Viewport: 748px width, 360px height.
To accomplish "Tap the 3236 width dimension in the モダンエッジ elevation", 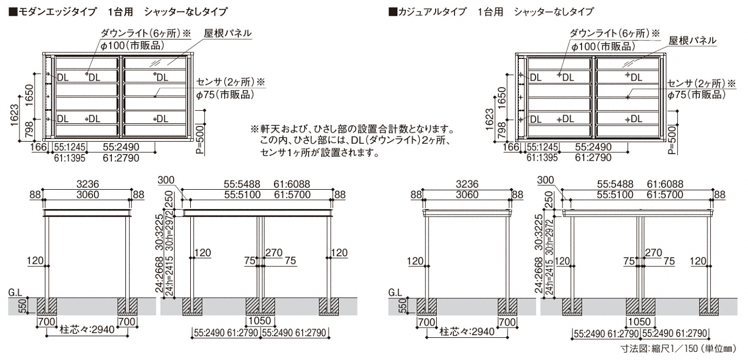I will (x=88, y=184).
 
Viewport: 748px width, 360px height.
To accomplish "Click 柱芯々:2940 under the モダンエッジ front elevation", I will (x=88, y=330).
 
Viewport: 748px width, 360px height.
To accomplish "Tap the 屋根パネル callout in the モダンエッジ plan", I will (x=228, y=33).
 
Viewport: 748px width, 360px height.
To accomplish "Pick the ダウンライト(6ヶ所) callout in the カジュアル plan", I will (x=611, y=34).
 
